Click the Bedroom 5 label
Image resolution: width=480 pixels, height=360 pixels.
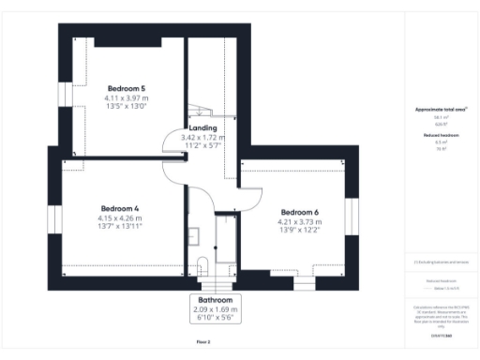tap(125, 88)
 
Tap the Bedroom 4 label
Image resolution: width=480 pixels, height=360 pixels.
tap(119, 208)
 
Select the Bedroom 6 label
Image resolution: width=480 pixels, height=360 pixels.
tap(299, 212)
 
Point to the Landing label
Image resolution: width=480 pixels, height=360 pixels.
tap(203, 127)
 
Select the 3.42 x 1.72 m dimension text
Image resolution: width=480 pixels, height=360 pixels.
tap(203, 138)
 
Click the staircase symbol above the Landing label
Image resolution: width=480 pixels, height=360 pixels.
tap(198, 112)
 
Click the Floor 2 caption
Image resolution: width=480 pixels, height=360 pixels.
tap(203, 343)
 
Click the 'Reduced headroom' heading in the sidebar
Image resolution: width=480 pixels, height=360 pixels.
tap(434, 135)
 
